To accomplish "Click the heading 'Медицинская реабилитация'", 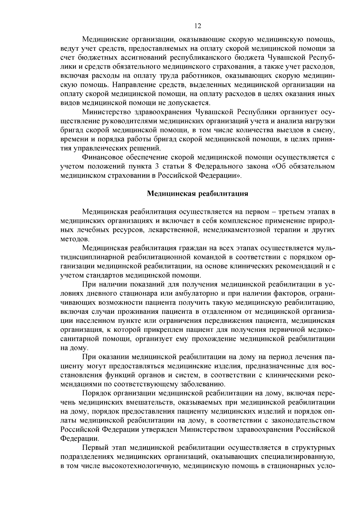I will (x=197, y=194).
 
